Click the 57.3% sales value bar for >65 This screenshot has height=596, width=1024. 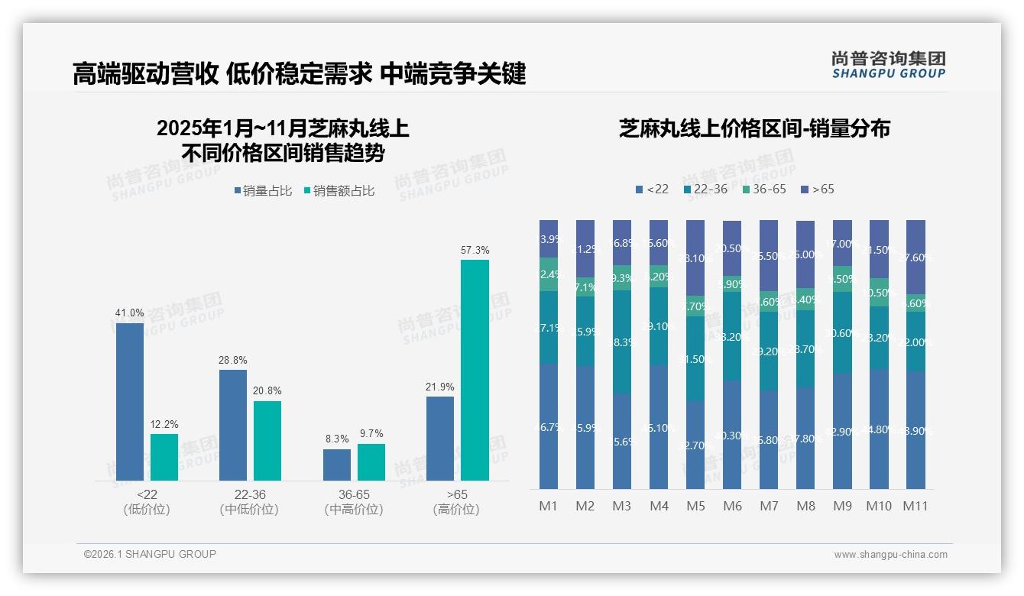(475, 370)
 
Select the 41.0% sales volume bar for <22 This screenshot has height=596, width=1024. (130, 401)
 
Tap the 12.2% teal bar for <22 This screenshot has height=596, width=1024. (164, 457)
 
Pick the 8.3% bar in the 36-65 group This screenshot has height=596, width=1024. (336, 465)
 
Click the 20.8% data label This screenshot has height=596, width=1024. (267, 390)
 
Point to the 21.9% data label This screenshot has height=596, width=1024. (440, 387)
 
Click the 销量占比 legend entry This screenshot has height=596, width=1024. (264, 191)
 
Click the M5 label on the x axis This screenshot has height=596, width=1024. (695, 506)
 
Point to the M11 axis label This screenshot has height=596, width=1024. (915, 506)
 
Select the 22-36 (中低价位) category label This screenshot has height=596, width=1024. (248, 502)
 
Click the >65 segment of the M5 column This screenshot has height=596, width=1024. (695, 258)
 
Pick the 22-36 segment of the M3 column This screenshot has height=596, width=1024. (622, 342)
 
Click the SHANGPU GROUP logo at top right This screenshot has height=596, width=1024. (889, 64)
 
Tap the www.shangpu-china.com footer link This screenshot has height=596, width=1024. (890, 555)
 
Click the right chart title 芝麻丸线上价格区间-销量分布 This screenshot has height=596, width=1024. (754, 128)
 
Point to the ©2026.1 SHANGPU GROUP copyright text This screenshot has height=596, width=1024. (150, 554)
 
